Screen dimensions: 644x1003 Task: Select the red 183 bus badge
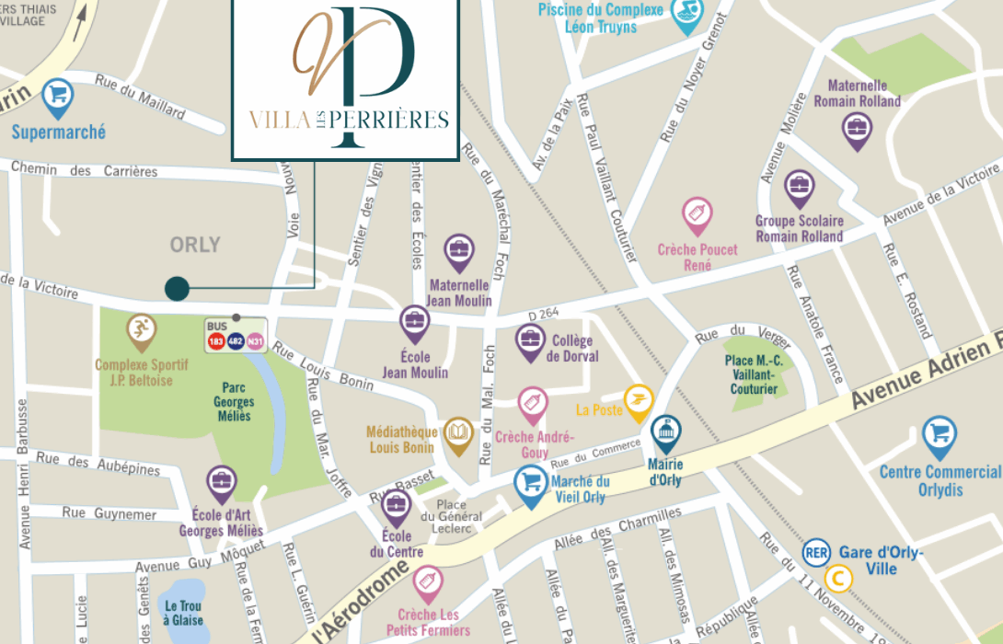point(216,341)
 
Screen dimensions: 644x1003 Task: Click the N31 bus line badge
point(256,341)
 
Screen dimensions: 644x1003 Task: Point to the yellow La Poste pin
point(638,400)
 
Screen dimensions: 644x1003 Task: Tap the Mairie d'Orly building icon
point(666,431)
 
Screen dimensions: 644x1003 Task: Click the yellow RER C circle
point(837,579)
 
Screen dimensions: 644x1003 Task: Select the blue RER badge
point(815,552)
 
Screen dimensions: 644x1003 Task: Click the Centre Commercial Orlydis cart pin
point(939,434)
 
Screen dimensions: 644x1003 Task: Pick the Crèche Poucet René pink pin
point(697,213)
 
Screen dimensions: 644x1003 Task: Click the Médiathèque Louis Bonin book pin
point(458,432)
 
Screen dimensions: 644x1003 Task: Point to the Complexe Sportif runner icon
point(140,329)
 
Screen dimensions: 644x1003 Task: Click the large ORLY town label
point(195,245)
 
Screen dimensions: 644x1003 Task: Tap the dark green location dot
point(178,289)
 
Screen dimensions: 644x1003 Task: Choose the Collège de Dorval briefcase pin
point(530,341)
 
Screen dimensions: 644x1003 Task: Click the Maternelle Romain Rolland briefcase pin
point(857,128)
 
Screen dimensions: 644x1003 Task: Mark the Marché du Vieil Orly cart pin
point(530,481)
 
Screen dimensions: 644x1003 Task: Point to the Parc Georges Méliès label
point(233,402)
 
